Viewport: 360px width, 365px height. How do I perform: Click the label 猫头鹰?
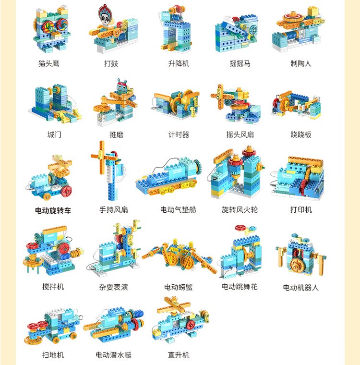[x=48, y=63]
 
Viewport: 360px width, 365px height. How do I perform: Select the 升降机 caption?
[x=179, y=63]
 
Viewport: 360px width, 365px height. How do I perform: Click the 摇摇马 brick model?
[x=236, y=33]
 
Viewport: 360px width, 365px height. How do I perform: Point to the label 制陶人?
[x=300, y=63]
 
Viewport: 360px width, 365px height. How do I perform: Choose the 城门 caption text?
[x=54, y=134]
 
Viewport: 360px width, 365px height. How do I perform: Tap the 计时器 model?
[x=176, y=104]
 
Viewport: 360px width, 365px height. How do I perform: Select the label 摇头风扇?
[x=240, y=134]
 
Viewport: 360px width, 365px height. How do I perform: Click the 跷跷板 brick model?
[x=296, y=105]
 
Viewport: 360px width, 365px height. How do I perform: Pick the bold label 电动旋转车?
[x=53, y=210]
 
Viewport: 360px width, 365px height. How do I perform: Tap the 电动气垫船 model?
[x=168, y=176]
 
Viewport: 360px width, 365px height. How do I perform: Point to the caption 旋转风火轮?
[x=240, y=209]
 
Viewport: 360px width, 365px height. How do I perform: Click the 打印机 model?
[x=298, y=178]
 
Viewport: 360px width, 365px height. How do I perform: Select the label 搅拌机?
[x=53, y=287]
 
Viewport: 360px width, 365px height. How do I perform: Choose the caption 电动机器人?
[x=300, y=288]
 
